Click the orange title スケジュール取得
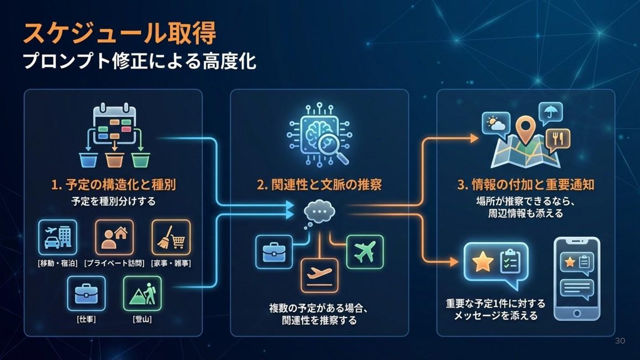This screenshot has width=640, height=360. pyautogui.click(x=119, y=33)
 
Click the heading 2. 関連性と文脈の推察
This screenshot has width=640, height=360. pyautogui.click(x=319, y=185)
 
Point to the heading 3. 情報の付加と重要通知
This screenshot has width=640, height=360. pyautogui.click(x=525, y=185)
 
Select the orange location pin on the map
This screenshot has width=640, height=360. pyautogui.click(x=526, y=129)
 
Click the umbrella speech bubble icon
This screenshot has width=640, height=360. pyautogui.click(x=551, y=113)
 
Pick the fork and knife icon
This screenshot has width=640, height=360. pyautogui.click(x=558, y=138)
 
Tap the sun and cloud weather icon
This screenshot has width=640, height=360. pyautogui.click(x=496, y=123)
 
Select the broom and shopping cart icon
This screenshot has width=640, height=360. pyautogui.click(x=171, y=237)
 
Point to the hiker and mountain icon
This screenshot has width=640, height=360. pyautogui.click(x=142, y=293)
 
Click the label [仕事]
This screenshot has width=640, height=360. pyautogui.click(x=86, y=319)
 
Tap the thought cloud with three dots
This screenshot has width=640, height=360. pyautogui.click(x=319, y=212)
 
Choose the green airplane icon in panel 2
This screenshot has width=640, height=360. pyautogui.click(x=364, y=252)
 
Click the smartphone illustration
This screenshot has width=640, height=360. pyautogui.click(x=576, y=279)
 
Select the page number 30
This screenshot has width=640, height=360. pyautogui.click(x=620, y=341)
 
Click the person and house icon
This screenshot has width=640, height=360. pyautogui.click(x=114, y=237)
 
